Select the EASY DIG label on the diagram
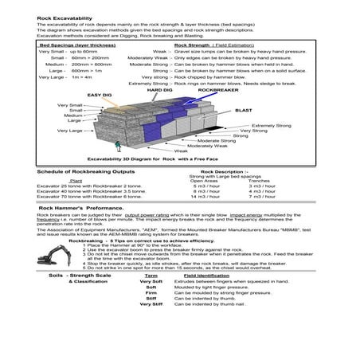pyautogui.click(x=100, y=95)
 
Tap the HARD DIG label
pyautogui.click(x=160, y=90)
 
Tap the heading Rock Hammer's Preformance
pyautogui.click(x=76, y=206)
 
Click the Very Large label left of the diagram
pyautogui.click(x=70, y=129)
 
